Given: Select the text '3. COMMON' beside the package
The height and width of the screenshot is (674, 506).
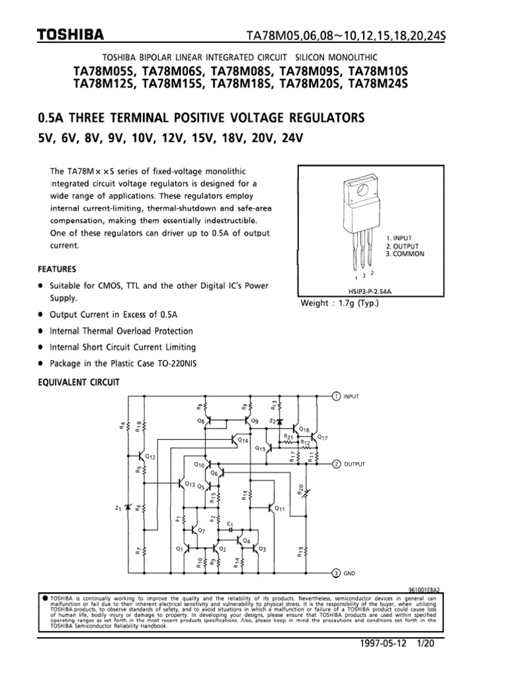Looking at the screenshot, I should pos(405,253).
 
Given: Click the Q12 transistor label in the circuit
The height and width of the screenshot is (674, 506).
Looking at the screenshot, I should pos(150,457).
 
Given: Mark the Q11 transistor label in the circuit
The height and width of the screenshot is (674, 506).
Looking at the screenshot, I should pos(279,509).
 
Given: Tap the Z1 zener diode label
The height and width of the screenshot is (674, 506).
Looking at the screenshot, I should pos(118,508).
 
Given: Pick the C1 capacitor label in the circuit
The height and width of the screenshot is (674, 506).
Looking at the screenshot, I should pos(230,524).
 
